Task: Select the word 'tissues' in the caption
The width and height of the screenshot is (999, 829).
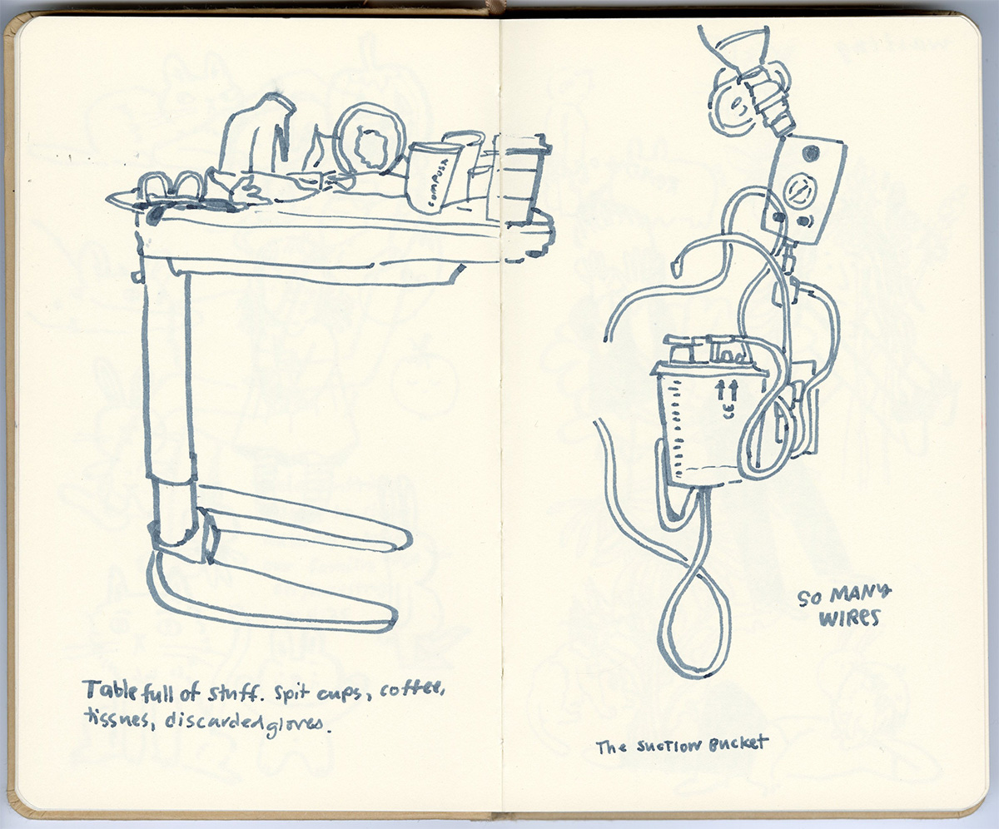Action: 116,718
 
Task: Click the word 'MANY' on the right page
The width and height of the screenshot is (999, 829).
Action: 860,594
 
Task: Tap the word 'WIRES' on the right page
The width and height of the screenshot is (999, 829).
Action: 849,618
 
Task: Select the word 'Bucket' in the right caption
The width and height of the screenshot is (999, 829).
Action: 738,744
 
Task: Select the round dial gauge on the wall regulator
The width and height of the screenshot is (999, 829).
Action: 802,190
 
